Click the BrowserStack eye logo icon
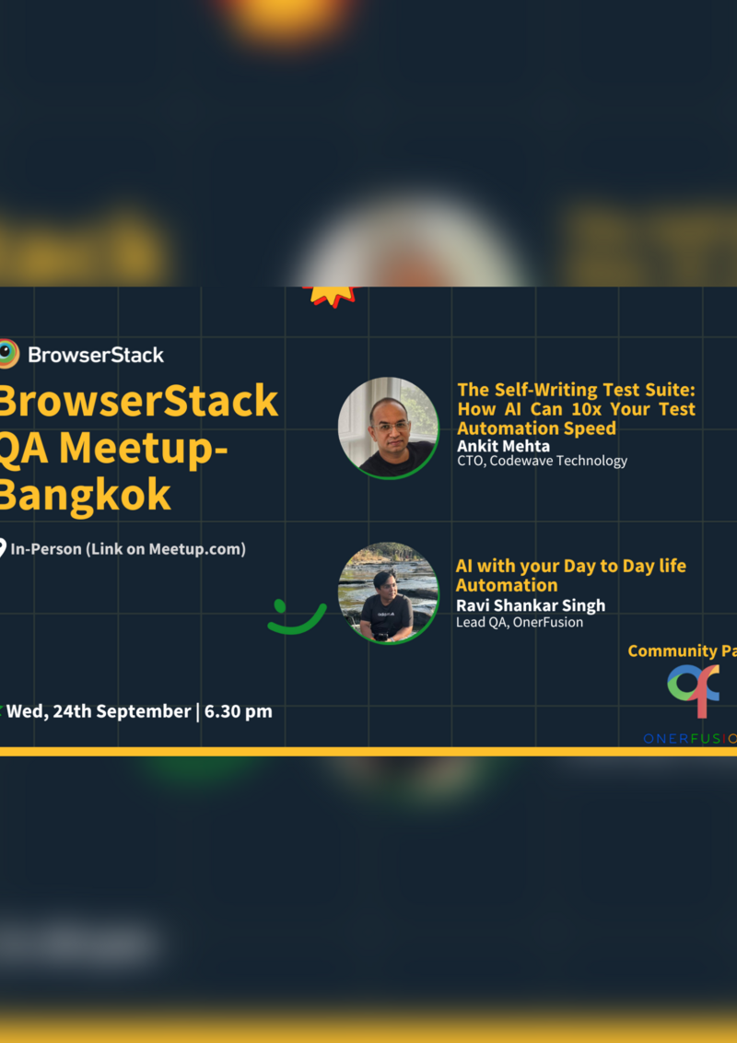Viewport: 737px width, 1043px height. tap(7, 354)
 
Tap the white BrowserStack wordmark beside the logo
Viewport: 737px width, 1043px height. tap(96, 355)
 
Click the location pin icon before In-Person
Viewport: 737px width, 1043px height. tap(3, 548)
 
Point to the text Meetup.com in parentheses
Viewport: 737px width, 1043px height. tap(194, 549)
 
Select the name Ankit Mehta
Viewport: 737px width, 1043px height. tap(503, 446)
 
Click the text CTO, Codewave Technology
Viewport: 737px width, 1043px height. tap(542, 461)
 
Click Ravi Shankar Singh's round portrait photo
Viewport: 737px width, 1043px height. tap(388, 592)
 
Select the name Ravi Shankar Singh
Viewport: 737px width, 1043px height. tap(530, 605)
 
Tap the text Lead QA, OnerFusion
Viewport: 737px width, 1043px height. tap(519, 622)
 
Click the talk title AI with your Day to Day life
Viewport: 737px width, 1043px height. tap(570, 566)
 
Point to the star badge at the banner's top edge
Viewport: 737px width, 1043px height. tap(329, 296)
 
